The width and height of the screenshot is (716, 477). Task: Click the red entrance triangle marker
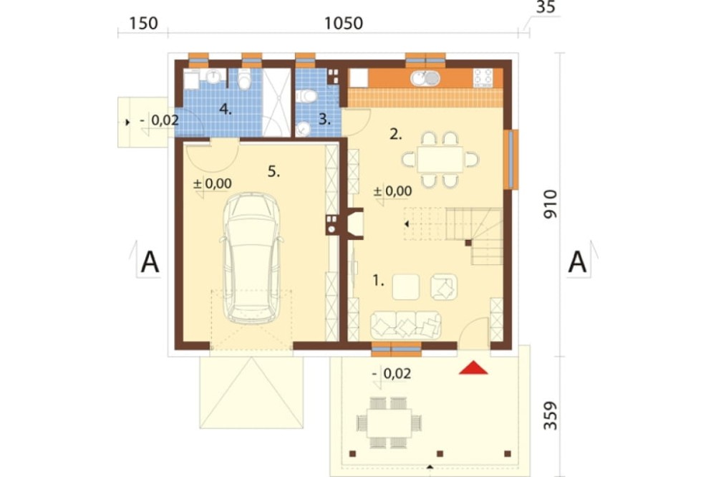473,368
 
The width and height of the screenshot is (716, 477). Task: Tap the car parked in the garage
251,258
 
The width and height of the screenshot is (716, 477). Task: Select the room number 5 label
274,172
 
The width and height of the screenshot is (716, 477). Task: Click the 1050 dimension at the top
344,23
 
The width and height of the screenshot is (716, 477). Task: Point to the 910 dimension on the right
551,204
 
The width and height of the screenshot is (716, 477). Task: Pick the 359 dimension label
551,415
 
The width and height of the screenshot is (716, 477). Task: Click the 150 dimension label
143,23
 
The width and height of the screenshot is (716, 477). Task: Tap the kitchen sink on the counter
425,79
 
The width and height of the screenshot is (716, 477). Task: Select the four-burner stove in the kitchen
483,77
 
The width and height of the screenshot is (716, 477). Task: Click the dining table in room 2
440,159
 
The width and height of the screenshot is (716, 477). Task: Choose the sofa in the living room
405,325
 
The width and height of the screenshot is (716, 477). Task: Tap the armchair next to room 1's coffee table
444,287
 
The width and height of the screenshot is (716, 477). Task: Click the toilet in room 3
306,97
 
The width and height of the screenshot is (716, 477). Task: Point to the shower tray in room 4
276,102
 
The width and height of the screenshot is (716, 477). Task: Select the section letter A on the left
150,262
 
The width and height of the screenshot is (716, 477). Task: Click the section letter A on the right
577,262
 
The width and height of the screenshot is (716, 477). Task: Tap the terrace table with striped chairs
389,423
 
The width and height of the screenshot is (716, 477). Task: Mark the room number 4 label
226,109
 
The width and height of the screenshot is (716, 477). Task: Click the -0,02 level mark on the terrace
392,374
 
